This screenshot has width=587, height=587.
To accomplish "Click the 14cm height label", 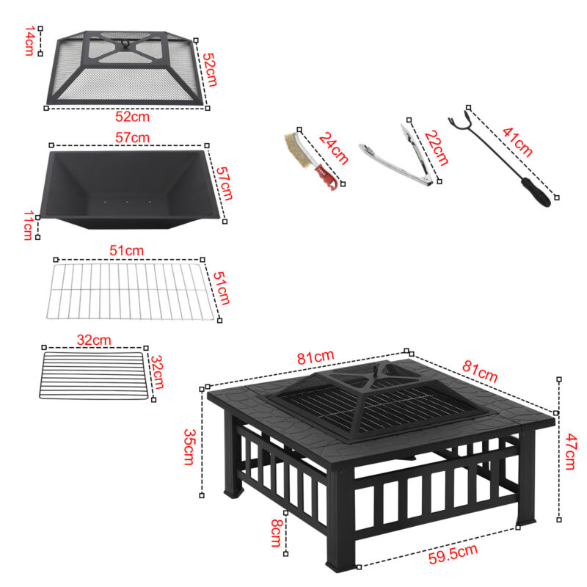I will coord(29,42).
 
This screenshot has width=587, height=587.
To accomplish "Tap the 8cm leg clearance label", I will coord(275,533).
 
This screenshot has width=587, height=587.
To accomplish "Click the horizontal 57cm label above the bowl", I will coord(133,138).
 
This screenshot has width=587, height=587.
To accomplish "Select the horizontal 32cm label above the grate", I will coord(94,340).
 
